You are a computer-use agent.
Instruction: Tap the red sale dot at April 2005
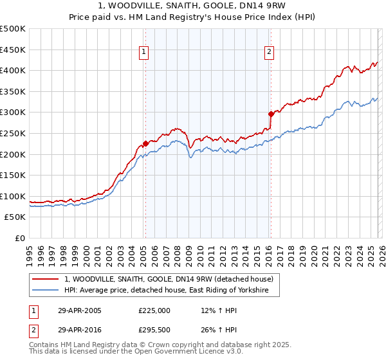(x=145, y=143)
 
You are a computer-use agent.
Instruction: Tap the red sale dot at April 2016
(x=271, y=114)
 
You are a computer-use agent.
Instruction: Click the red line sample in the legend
(x=47, y=279)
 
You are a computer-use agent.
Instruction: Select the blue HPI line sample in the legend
(x=47, y=291)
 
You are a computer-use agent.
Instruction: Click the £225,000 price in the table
(x=154, y=310)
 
